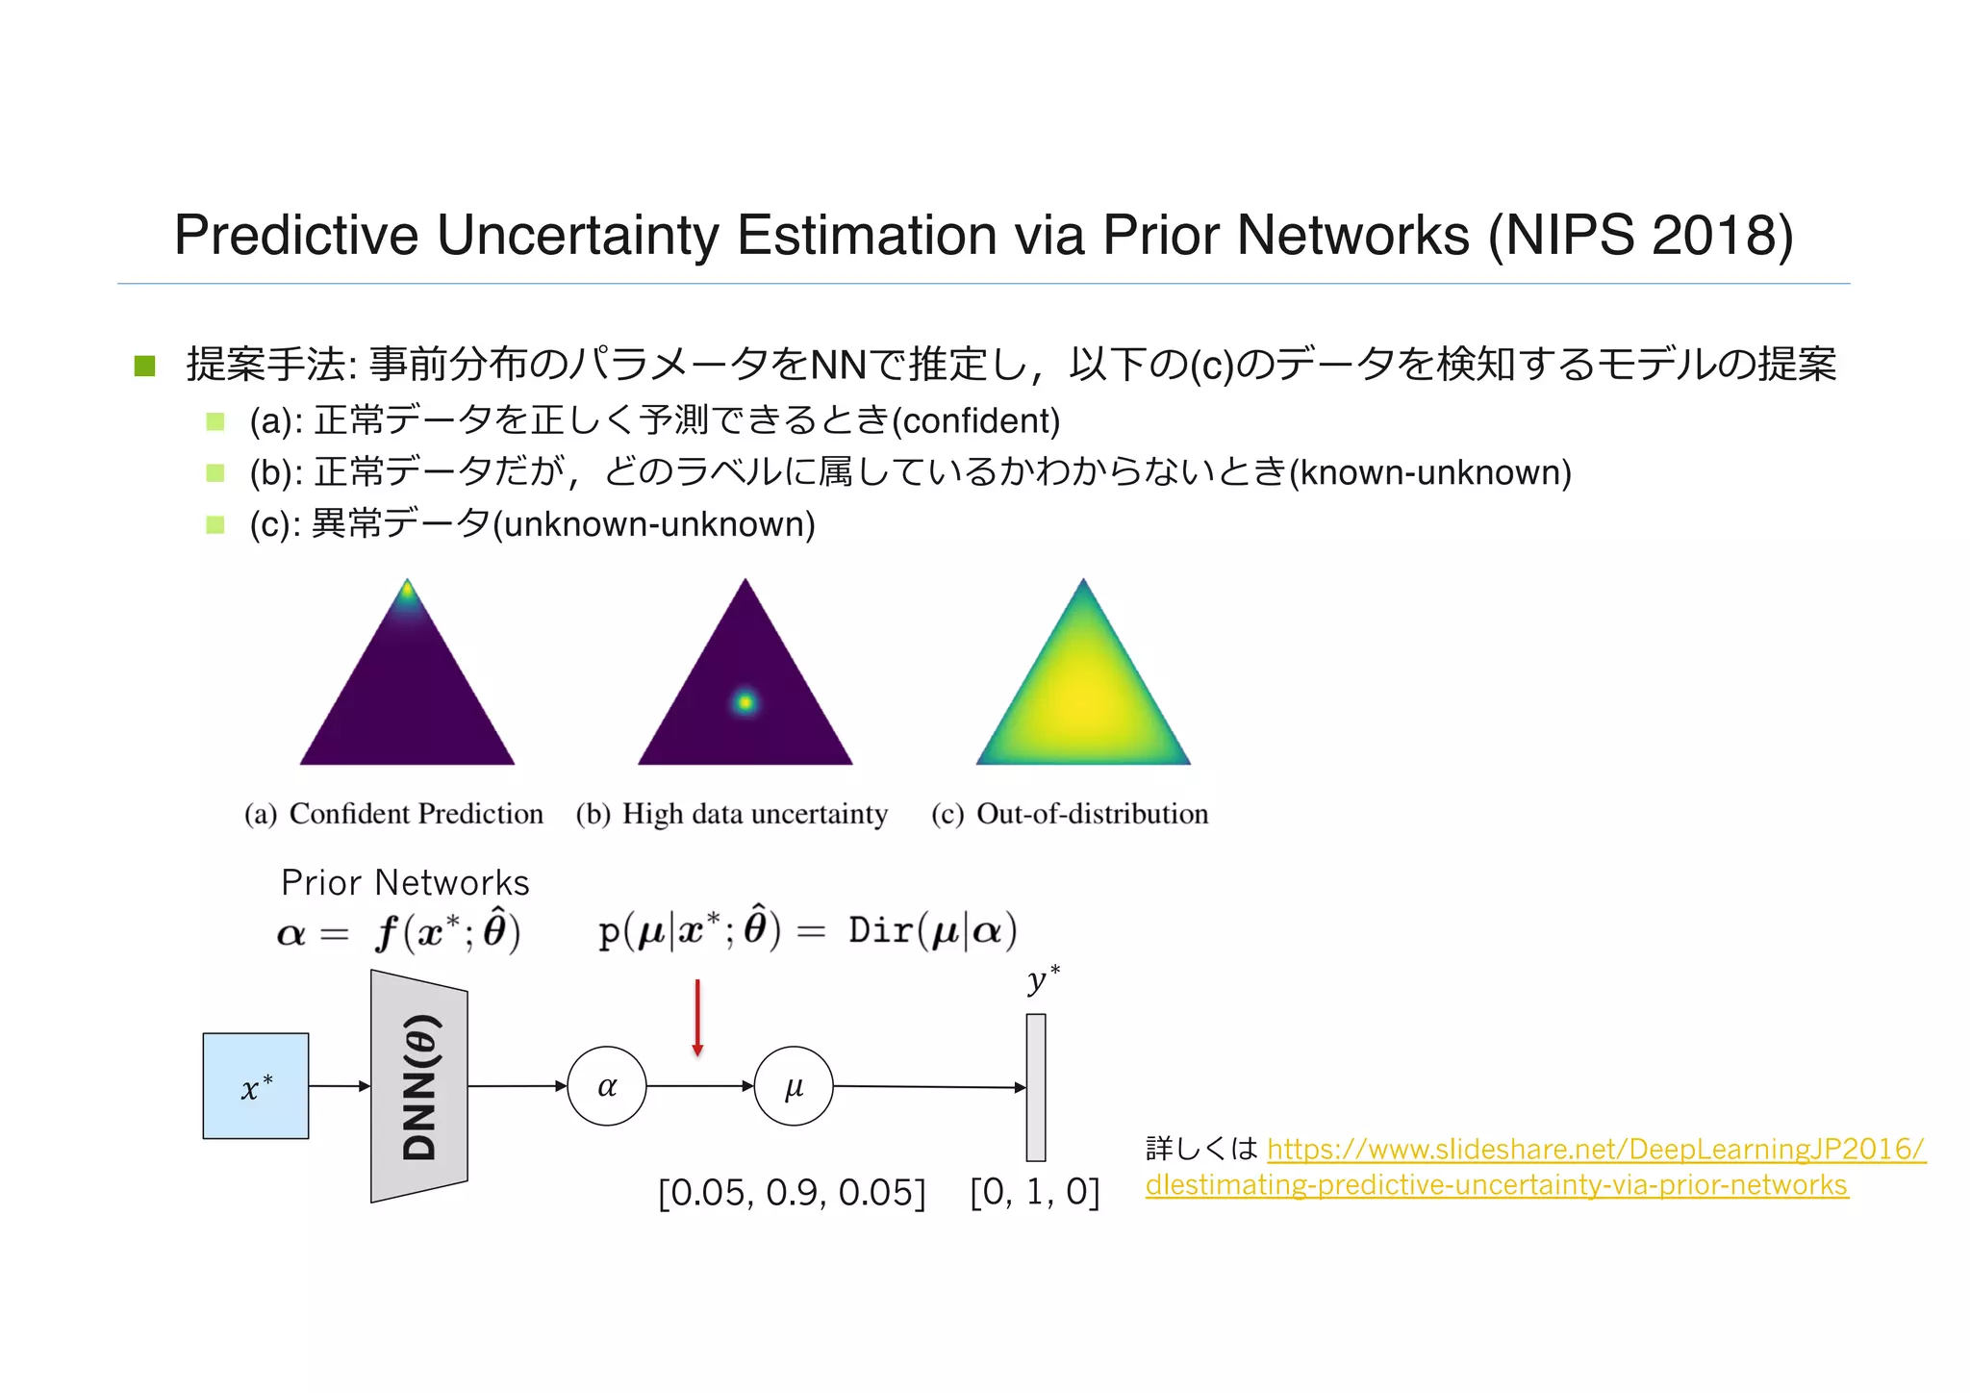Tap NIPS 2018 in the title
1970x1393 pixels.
(1640, 235)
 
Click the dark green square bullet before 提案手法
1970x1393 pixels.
(145, 366)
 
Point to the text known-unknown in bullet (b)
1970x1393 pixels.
(1429, 472)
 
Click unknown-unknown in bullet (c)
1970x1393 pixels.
(659, 524)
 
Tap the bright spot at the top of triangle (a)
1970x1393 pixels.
(408, 591)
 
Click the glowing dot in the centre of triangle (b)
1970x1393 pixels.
(745, 702)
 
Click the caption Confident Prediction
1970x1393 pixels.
(416, 814)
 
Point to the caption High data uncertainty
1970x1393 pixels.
(754, 814)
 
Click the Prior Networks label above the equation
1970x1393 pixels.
(405, 882)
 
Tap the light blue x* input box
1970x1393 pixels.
(256, 1086)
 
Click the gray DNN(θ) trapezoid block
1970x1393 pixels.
(419, 1086)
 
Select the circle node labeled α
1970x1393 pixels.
(607, 1086)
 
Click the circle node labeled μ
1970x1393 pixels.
(794, 1086)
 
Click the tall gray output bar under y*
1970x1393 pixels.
(1036, 1087)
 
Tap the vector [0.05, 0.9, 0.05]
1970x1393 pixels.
(791, 1193)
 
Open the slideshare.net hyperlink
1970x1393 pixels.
(1595, 1150)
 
